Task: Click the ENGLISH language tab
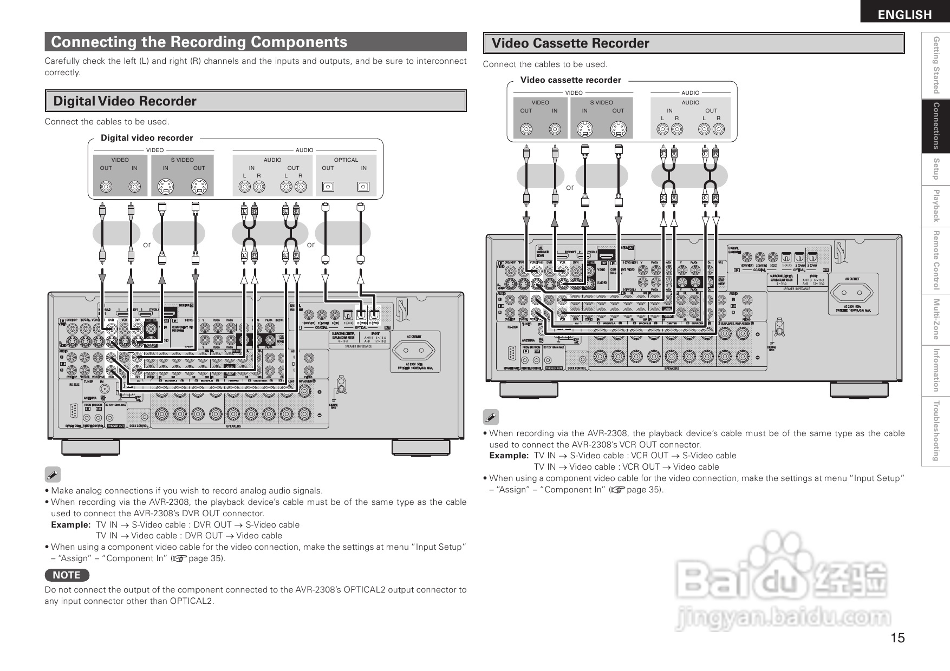(905, 15)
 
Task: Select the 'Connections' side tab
(935, 126)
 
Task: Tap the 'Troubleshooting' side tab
(935, 431)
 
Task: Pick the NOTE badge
(67, 575)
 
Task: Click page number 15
(897, 638)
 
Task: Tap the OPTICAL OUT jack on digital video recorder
(328, 187)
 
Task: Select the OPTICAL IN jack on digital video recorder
(363, 187)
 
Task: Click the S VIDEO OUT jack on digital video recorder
(199, 187)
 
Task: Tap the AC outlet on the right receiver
(852, 294)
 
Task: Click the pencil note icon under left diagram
(53, 475)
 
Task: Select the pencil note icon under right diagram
(491, 417)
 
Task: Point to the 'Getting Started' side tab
(935, 65)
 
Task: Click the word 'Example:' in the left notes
(70, 525)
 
